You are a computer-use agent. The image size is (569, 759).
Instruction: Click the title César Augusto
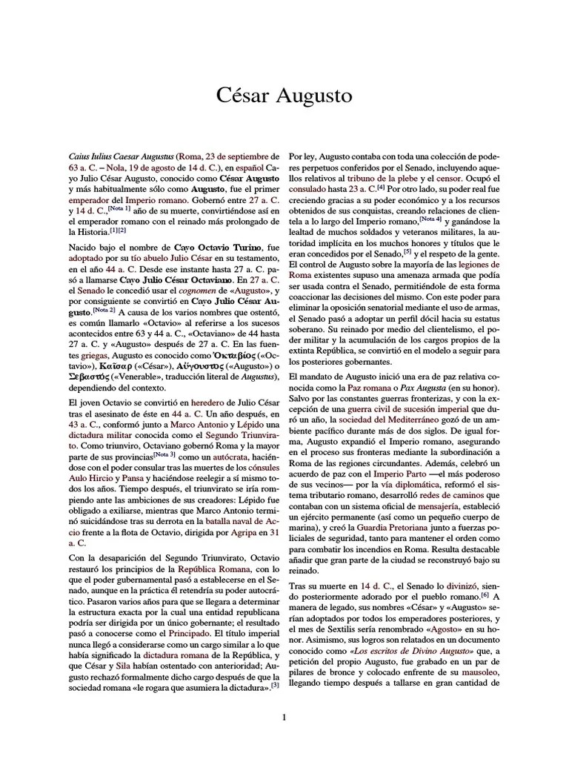284,96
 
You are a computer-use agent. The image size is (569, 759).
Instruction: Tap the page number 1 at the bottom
284,717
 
